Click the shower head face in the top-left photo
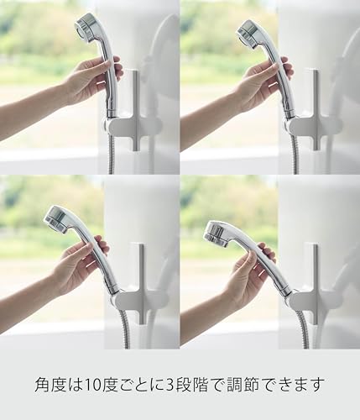point(84,28)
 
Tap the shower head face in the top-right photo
point(247,33)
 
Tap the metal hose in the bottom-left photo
point(125,328)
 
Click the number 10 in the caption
point(94,385)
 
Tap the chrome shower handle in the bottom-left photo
point(92,258)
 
